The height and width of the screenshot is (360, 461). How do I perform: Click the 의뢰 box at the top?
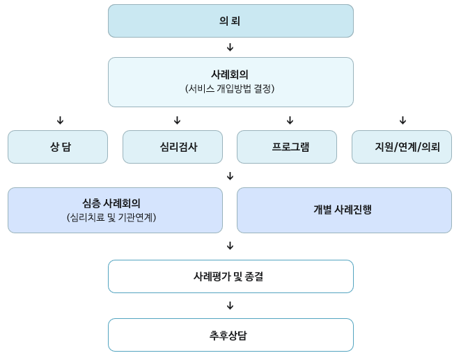tap(230, 21)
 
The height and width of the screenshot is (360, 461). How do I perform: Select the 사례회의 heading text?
tap(230, 74)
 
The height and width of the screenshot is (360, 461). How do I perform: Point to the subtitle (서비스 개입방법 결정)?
tap(230, 89)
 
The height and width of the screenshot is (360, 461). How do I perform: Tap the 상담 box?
tap(58, 147)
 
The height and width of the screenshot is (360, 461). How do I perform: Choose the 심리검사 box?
tap(173, 147)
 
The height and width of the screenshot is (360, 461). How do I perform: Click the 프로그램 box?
tap(287, 147)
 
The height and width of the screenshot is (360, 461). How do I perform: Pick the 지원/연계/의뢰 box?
tap(402, 147)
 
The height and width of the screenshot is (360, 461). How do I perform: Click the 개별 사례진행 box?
tap(344, 210)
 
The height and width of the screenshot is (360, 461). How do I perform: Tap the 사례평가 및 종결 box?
tap(230, 276)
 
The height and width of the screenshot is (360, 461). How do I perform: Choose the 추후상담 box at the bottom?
tap(230, 335)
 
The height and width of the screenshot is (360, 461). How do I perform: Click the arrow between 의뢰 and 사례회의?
tap(230, 47)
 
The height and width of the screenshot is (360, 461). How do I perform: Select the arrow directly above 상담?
tap(60, 120)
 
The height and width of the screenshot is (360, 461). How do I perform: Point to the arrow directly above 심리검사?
tap(177, 120)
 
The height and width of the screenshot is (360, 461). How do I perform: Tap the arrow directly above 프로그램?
tap(290, 120)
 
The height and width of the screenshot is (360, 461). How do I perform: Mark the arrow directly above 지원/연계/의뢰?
tap(403, 120)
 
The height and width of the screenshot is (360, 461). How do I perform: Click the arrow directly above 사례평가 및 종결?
tap(230, 246)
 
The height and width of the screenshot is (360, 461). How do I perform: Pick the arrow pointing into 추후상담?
tap(230, 306)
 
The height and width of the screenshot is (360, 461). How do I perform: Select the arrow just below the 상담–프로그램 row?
tap(230, 175)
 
